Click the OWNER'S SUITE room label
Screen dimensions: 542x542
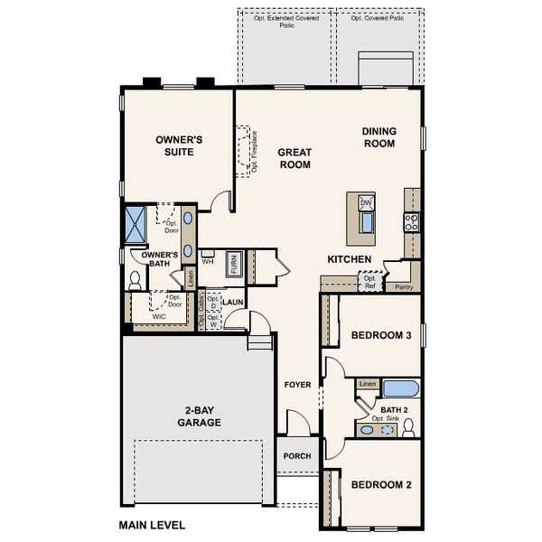(x=179, y=146)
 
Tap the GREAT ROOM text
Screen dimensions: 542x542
(x=294, y=159)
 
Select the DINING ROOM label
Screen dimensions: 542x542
(x=379, y=137)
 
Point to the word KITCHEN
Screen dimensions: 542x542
(x=350, y=260)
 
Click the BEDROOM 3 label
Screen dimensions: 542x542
(x=381, y=336)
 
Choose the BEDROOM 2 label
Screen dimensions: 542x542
(x=381, y=485)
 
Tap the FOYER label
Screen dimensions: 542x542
(x=298, y=385)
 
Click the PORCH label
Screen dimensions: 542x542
(x=297, y=456)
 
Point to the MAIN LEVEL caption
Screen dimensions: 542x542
(x=152, y=524)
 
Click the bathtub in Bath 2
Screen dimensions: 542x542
(x=398, y=388)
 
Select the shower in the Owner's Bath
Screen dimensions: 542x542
(x=137, y=224)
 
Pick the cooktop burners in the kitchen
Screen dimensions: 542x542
(x=412, y=221)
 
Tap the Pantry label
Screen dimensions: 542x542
(x=405, y=287)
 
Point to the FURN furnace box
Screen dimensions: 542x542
(x=234, y=264)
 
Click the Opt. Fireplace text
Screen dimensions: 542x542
(x=255, y=156)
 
